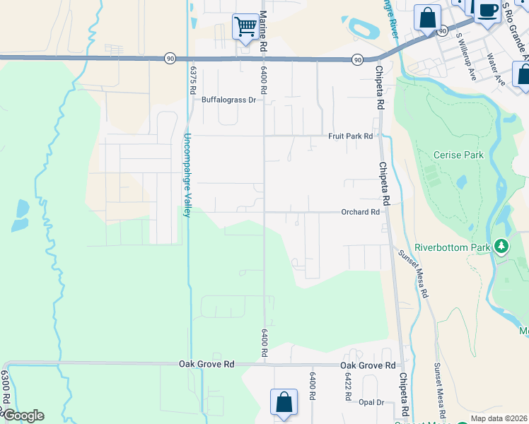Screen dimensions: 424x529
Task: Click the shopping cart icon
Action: pos(245,28)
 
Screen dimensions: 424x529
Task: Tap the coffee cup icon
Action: pos(487,11)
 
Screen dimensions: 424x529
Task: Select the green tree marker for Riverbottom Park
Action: pos(501,246)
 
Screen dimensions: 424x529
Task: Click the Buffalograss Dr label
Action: pos(228,100)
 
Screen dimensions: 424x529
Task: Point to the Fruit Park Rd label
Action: pos(350,136)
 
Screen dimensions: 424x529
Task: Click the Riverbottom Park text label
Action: pos(453,248)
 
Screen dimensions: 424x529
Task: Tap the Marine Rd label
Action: pos(262,29)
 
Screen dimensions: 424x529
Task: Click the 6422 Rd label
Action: pos(349,387)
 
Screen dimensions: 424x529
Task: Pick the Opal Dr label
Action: pos(371,402)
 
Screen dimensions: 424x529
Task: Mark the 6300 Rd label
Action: pos(5,389)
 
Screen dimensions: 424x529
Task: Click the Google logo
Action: pos(23,416)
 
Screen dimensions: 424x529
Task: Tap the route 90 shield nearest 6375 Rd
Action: pos(170,57)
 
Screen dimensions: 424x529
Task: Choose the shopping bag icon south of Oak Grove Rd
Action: pos(284,402)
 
